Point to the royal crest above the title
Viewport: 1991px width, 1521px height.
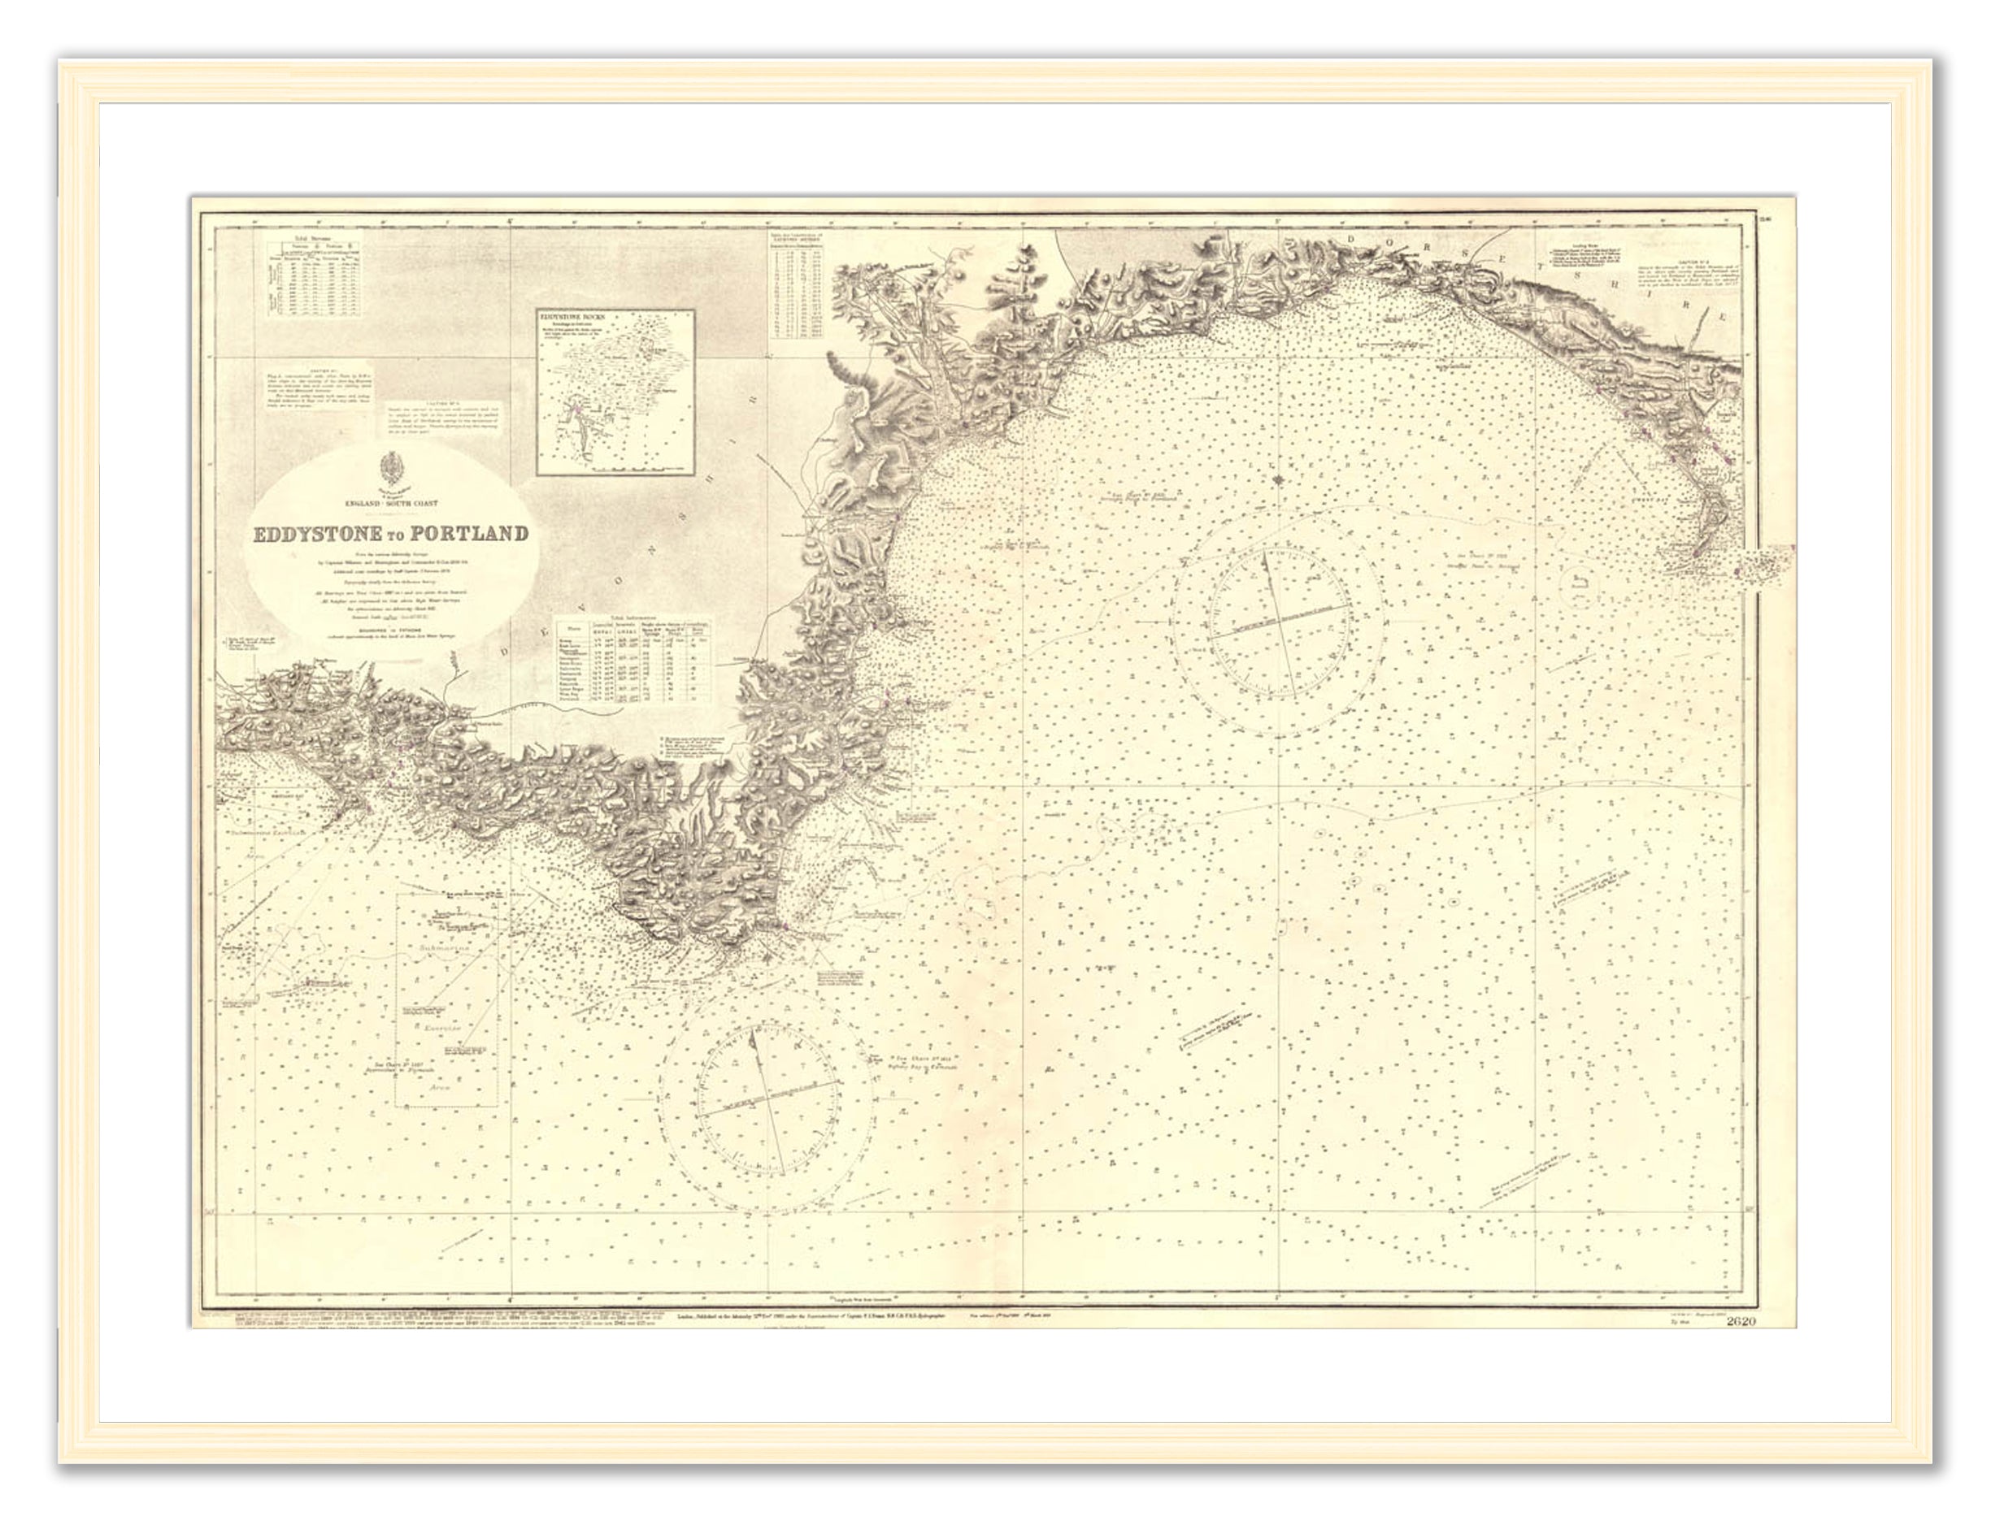point(391,470)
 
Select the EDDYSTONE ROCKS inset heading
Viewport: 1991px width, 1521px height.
point(571,317)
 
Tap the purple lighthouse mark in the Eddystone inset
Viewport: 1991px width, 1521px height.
point(573,414)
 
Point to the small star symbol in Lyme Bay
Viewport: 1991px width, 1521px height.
point(1277,480)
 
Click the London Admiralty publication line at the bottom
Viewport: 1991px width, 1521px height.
point(811,1316)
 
